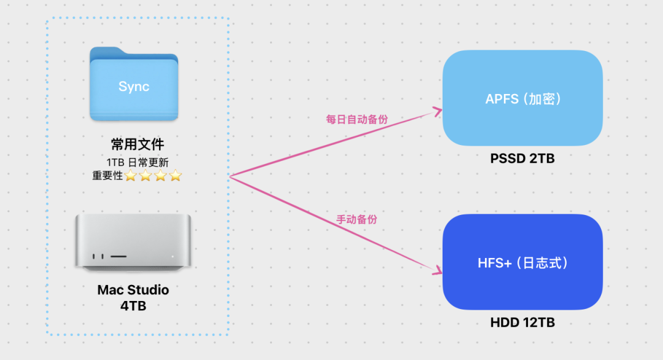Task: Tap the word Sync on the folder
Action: (134, 87)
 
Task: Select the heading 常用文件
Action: (137, 145)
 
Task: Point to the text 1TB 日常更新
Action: (138, 162)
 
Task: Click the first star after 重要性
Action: (131, 176)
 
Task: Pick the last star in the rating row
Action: (176, 176)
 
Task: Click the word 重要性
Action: (107, 176)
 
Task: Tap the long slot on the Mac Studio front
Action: (118, 256)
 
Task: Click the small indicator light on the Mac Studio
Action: (173, 256)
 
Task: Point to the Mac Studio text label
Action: (133, 289)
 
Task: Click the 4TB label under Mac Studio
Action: (133, 305)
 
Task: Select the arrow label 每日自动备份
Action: (357, 120)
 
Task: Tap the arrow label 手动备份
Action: (357, 219)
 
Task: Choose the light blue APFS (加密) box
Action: (522, 98)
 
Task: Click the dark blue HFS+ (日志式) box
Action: (522, 262)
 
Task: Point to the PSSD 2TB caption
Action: (522, 158)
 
